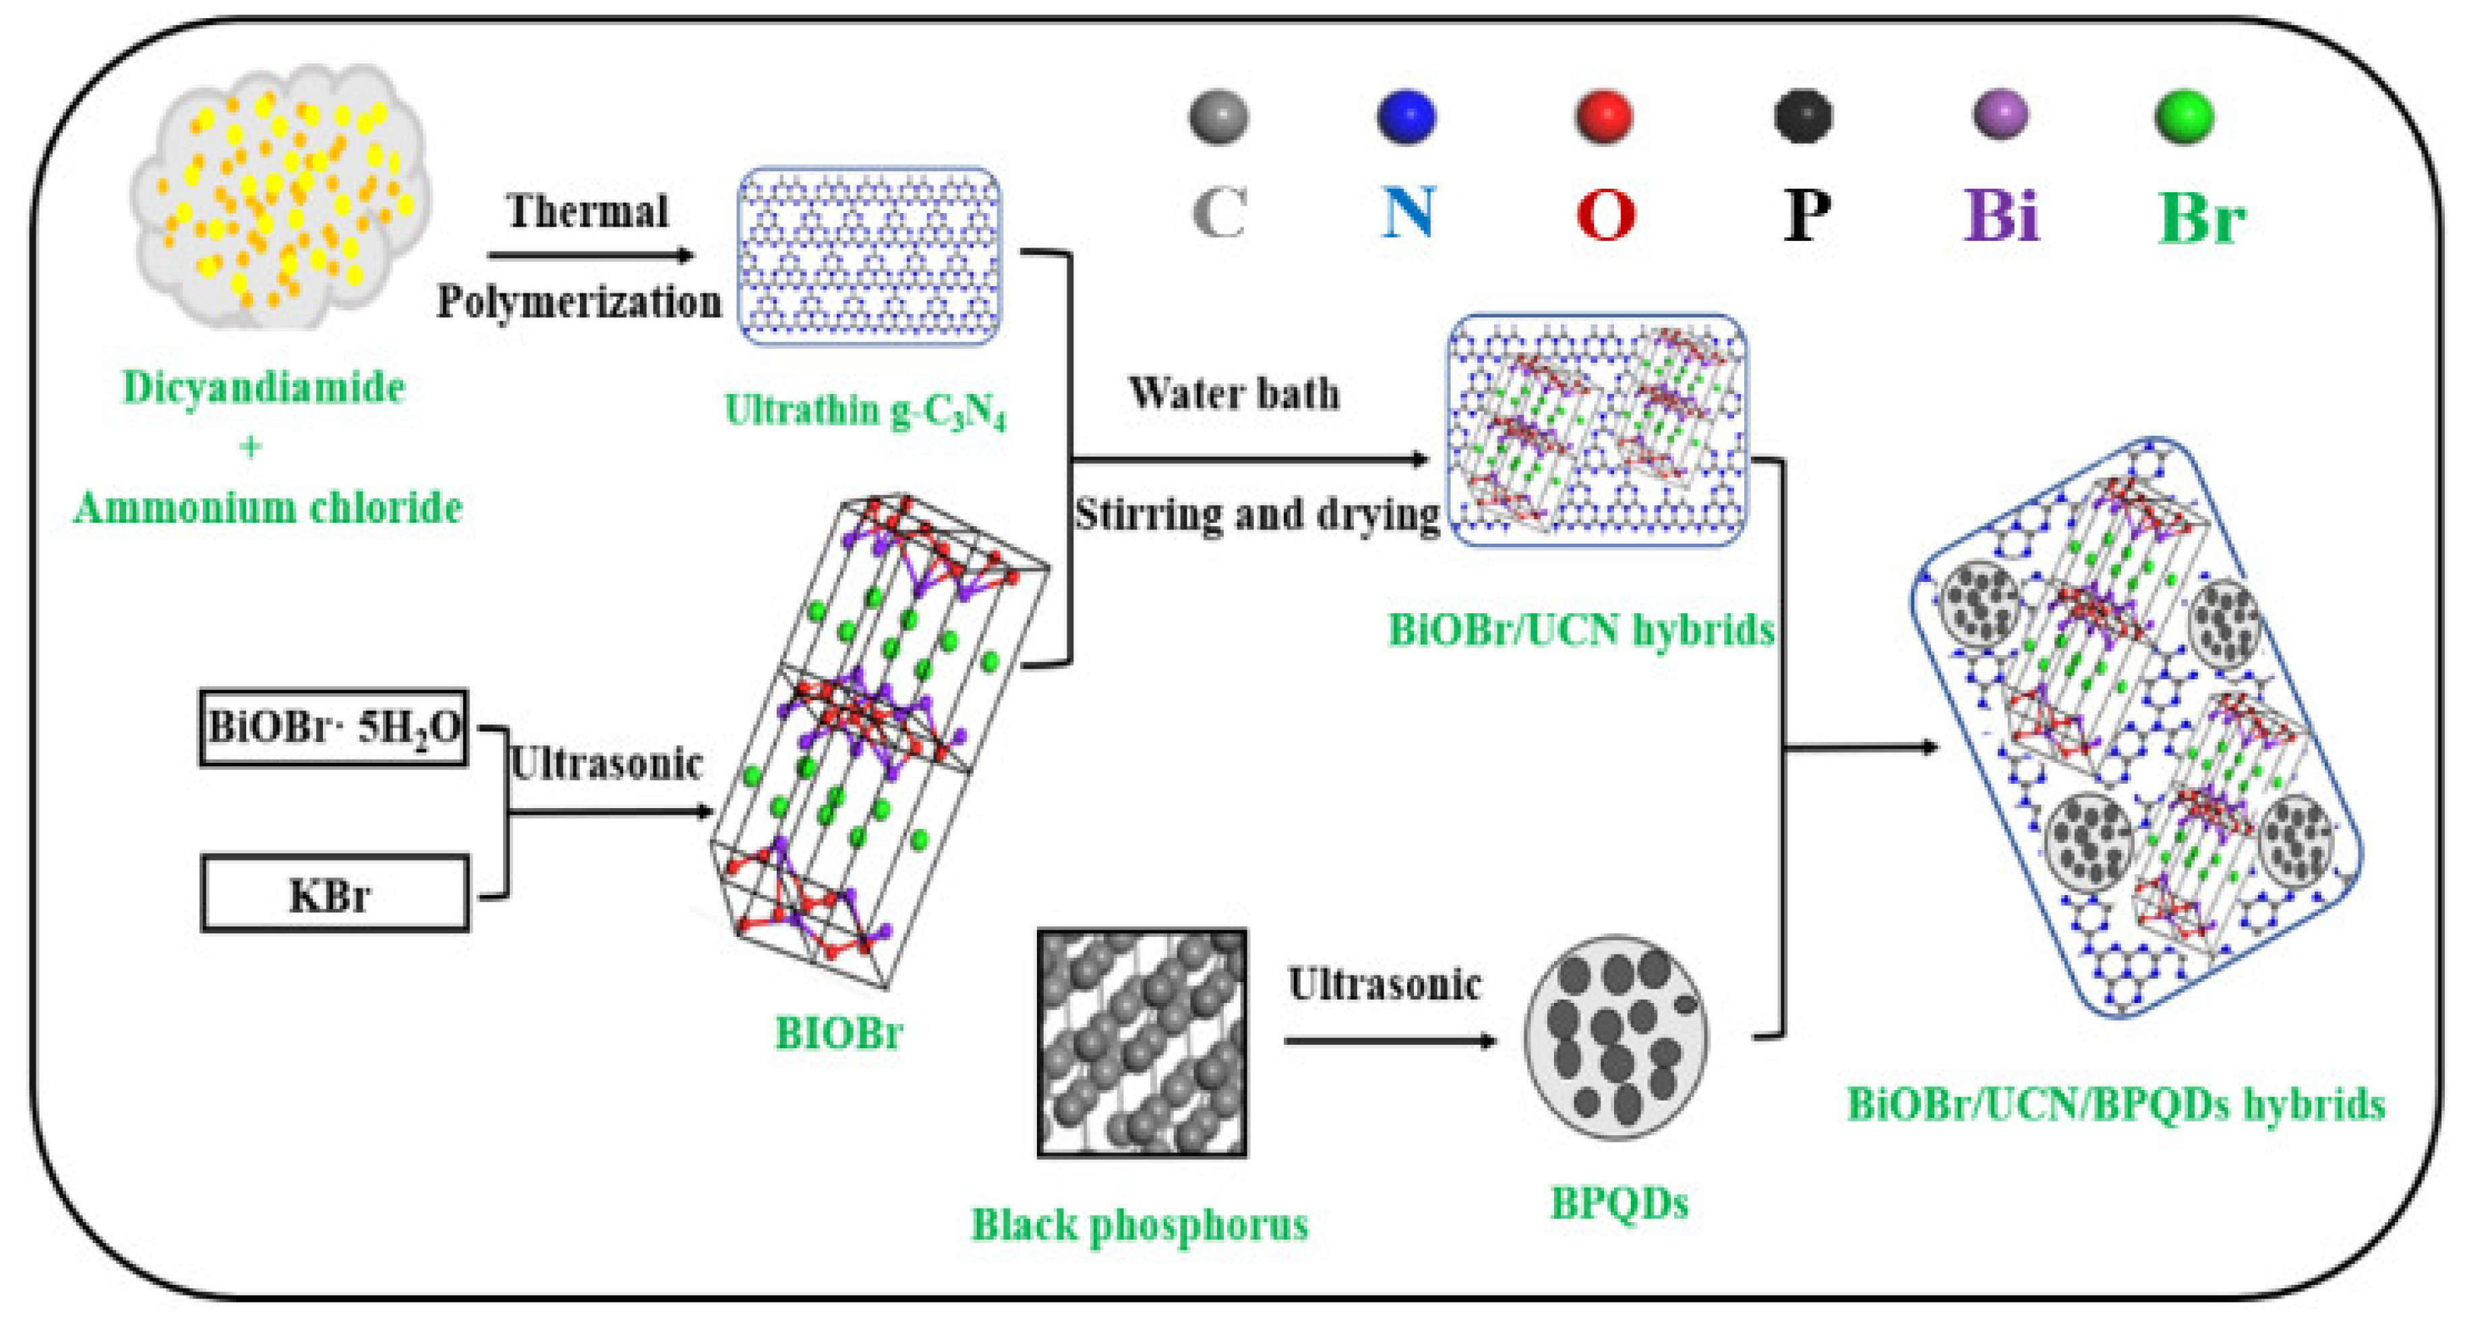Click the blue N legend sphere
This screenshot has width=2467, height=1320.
1406,116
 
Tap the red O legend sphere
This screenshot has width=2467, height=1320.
1603,116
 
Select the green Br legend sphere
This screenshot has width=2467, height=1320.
2184,116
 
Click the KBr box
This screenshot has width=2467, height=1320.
334,893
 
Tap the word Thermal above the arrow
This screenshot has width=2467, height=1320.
587,210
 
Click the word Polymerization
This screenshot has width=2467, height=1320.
578,302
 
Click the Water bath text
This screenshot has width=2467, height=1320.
1234,393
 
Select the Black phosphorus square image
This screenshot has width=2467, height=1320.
1141,1042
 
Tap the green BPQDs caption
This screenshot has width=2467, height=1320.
1619,1202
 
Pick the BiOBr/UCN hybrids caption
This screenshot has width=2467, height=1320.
1581,629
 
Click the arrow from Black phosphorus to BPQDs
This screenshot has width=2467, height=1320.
1389,1040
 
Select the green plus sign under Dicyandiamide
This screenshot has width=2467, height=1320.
251,447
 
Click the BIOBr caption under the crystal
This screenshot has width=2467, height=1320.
839,1033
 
